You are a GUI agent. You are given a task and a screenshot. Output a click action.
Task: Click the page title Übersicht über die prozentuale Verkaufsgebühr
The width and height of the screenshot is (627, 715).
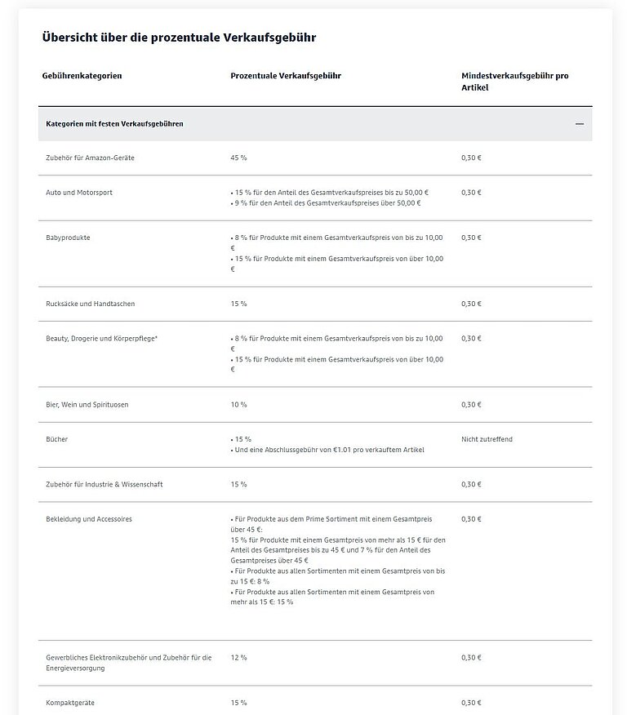[179, 38]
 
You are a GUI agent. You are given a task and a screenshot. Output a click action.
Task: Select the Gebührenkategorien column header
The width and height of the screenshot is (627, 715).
[82, 76]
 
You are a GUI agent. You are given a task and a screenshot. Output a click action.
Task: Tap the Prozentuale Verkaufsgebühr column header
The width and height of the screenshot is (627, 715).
[286, 76]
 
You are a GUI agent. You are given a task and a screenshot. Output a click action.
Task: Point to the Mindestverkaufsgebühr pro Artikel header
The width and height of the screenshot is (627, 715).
[514, 81]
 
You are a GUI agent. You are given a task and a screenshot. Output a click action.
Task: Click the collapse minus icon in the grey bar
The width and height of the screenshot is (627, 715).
[580, 124]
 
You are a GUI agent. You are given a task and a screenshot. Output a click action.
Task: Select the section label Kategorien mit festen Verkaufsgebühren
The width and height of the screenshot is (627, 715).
[114, 124]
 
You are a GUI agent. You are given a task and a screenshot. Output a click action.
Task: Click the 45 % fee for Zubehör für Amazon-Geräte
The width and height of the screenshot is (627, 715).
[239, 158]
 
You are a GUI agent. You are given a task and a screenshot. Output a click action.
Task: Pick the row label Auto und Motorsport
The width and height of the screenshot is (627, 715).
[79, 193]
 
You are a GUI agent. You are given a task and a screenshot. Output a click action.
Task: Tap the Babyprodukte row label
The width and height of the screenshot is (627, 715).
[68, 238]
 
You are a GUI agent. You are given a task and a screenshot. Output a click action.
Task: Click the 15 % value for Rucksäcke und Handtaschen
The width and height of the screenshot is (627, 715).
[238, 304]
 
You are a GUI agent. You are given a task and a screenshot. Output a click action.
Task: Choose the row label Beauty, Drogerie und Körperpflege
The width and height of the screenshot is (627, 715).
[101, 338]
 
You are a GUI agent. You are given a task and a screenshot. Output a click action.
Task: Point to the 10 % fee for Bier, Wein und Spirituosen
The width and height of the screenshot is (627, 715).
[238, 405]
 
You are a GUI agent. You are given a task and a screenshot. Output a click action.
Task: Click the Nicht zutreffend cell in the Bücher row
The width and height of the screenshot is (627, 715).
[487, 439]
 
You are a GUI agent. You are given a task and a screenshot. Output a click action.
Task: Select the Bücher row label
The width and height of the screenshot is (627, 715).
[57, 439]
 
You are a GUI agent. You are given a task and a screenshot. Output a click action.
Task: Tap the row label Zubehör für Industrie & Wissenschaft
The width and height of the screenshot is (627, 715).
[104, 485]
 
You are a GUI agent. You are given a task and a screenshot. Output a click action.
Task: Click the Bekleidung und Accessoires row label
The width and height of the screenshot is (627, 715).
[89, 519]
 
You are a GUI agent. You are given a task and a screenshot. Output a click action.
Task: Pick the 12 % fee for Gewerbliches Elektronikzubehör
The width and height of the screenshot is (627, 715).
[238, 657]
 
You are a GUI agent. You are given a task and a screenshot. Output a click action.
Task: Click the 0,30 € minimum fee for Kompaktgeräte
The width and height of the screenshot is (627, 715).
[471, 703]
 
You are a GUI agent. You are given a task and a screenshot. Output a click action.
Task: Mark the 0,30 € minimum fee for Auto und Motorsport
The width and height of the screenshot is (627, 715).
[471, 193]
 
